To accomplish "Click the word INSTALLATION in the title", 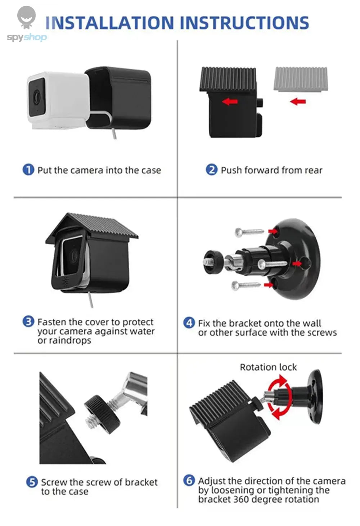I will (x=110, y=23).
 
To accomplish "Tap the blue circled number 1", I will (x=28, y=169).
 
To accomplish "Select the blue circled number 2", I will (x=212, y=169).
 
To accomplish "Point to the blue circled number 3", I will (x=28, y=321).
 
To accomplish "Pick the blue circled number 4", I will (x=189, y=322).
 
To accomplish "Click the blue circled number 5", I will (x=32, y=482).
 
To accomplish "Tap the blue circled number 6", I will (x=189, y=480).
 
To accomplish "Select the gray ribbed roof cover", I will (x=301, y=79).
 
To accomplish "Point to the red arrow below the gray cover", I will (x=298, y=101).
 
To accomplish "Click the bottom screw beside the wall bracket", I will (x=246, y=286).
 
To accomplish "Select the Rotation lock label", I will (x=268, y=367).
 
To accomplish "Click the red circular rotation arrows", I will (x=279, y=397).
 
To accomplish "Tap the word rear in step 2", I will (x=313, y=170).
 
